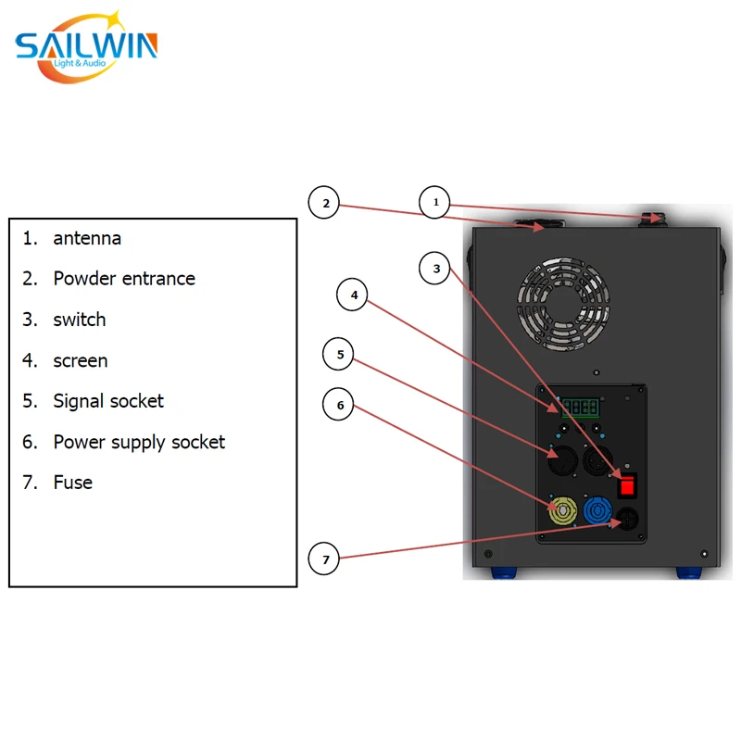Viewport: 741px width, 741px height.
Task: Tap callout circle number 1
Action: tap(435, 201)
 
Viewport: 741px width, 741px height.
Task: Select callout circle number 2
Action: tap(325, 203)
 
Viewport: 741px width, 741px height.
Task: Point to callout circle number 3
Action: tap(435, 270)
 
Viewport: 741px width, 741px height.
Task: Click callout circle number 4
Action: tap(353, 296)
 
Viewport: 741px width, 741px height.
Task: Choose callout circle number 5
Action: tap(339, 354)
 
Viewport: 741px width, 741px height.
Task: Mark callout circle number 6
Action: tap(339, 405)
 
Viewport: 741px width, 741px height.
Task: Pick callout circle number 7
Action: tap(325, 559)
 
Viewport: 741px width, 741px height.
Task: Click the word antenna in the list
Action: tap(87, 238)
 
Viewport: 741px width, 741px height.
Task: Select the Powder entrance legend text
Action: tap(124, 279)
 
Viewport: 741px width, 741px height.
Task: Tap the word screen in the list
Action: tap(81, 360)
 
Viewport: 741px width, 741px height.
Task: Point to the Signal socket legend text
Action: tap(108, 401)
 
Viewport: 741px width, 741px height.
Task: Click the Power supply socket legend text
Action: tap(139, 442)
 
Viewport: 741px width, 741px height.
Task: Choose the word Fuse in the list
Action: tap(73, 483)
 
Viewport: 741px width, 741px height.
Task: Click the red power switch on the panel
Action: tap(628, 484)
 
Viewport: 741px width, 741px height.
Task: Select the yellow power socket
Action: tap(561, 511)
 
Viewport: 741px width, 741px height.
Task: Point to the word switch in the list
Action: tap(80, 320)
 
